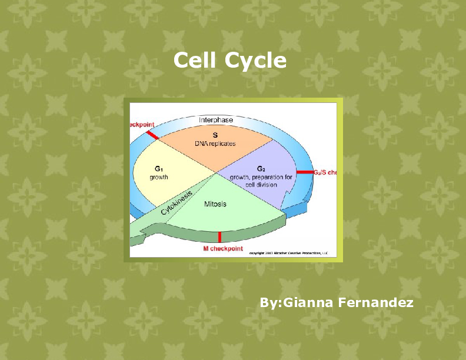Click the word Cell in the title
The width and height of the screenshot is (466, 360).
point(196,61)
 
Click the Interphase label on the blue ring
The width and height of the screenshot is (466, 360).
point(216,120)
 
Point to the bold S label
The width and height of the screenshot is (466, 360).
point(215,135)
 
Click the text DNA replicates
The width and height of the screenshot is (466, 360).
point(215,144)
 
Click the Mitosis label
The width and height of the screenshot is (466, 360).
point(215,204)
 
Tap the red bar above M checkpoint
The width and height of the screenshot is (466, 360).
point(219,237)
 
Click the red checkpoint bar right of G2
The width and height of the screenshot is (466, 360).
point(304,172)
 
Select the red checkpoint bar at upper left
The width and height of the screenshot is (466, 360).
point(152,135)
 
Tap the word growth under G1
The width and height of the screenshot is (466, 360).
point(159,176)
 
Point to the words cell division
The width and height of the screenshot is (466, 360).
point(261,184)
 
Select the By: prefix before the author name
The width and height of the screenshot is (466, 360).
point(271,302)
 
